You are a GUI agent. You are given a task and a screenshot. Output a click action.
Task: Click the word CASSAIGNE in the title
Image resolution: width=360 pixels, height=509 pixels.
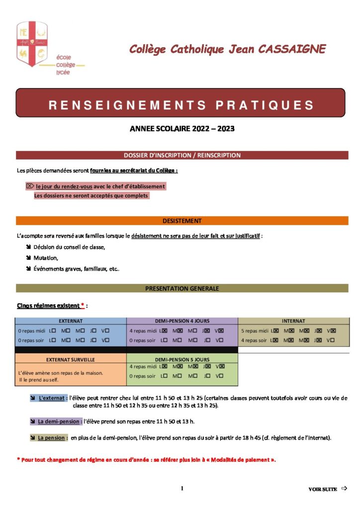click(x=290, y=49)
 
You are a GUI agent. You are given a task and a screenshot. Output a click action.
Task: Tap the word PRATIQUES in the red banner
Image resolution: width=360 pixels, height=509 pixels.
click(x=265, y=105)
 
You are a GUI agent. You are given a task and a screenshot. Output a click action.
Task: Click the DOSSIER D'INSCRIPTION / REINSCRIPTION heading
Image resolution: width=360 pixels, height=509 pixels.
click(x=182, y=155)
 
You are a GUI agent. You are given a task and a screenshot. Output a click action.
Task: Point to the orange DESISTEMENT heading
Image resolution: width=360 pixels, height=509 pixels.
click(x=182, y=221)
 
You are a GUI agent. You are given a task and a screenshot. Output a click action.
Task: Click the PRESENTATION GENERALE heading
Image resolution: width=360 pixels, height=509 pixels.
click(x=182, y=288)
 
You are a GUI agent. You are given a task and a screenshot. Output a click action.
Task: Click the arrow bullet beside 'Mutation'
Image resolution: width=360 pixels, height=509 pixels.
click(x=28, y=258)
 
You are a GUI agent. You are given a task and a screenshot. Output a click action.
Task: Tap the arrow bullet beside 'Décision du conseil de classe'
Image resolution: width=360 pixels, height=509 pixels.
click(x=28, y=247)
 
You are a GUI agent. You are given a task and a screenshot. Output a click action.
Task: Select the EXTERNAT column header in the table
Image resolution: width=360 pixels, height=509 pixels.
click(x=71, y=321)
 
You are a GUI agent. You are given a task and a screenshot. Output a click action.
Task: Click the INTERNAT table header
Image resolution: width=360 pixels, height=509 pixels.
click(x=293, y=321)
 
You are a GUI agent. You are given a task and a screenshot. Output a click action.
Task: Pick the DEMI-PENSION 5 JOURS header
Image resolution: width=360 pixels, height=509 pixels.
click(x=182, y=359)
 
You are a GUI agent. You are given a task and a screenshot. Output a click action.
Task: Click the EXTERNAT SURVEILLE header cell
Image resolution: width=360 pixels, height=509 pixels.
click(x=71, y=359)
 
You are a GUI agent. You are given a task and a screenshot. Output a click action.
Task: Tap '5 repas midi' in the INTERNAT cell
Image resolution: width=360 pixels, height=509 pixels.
click(x=255, y=331)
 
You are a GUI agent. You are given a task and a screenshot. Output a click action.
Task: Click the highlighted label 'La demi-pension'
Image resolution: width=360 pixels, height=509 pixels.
click(x=60, y=422)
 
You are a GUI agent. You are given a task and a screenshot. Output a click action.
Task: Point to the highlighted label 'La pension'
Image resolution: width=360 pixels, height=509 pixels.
click(x=52, y=438)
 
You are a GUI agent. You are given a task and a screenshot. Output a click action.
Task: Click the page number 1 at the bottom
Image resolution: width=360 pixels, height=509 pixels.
click(x=182, y=489)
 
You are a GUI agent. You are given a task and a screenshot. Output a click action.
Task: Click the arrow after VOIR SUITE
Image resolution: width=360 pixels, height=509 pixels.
click(x=344, y=489)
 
